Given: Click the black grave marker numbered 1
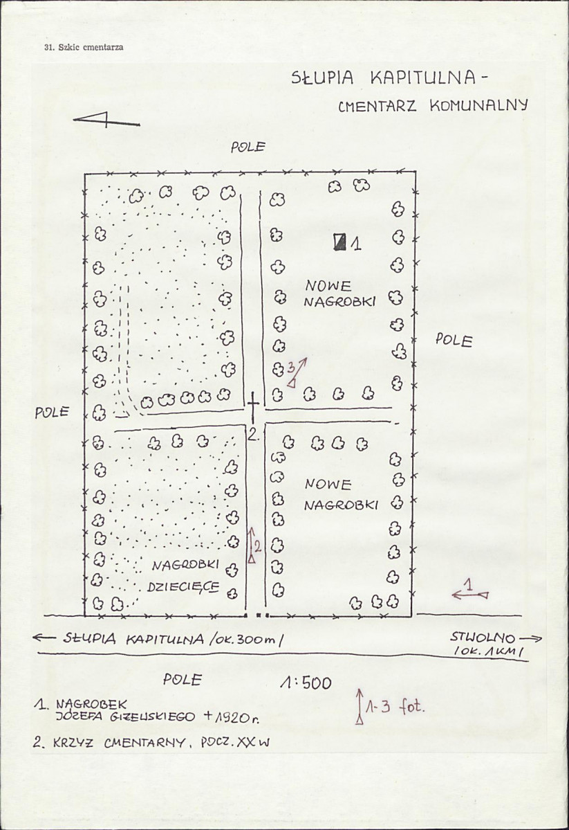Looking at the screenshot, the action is click(340, 242).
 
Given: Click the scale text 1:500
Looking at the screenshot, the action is click(306, 683).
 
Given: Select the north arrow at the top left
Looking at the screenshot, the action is click(106, 120).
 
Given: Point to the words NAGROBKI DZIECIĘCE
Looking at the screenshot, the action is click(184, 576).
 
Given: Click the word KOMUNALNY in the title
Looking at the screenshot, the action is click(478, 105).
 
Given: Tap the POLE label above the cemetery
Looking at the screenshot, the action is click(248, 147).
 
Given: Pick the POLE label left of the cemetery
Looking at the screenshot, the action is click(52, 412).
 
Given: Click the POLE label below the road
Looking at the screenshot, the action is click(182, 679).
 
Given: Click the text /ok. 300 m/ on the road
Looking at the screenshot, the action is click(247, 640).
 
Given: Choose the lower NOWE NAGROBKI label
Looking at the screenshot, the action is click(341, 494).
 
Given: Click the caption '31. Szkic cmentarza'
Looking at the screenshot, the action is click(84, 47).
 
